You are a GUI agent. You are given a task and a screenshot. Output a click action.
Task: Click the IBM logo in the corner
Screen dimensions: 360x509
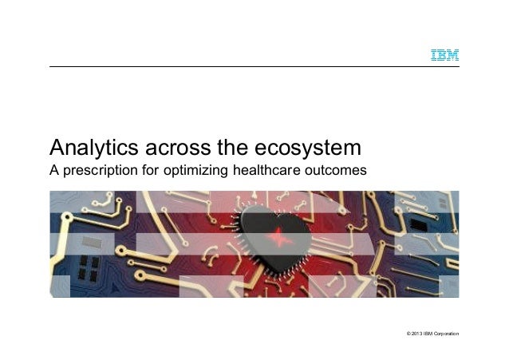coord(444,55)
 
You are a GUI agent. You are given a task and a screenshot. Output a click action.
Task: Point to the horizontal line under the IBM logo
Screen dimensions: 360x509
coord(254,66)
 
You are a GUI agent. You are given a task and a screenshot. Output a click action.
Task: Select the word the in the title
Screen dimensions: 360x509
coord(231,148)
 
